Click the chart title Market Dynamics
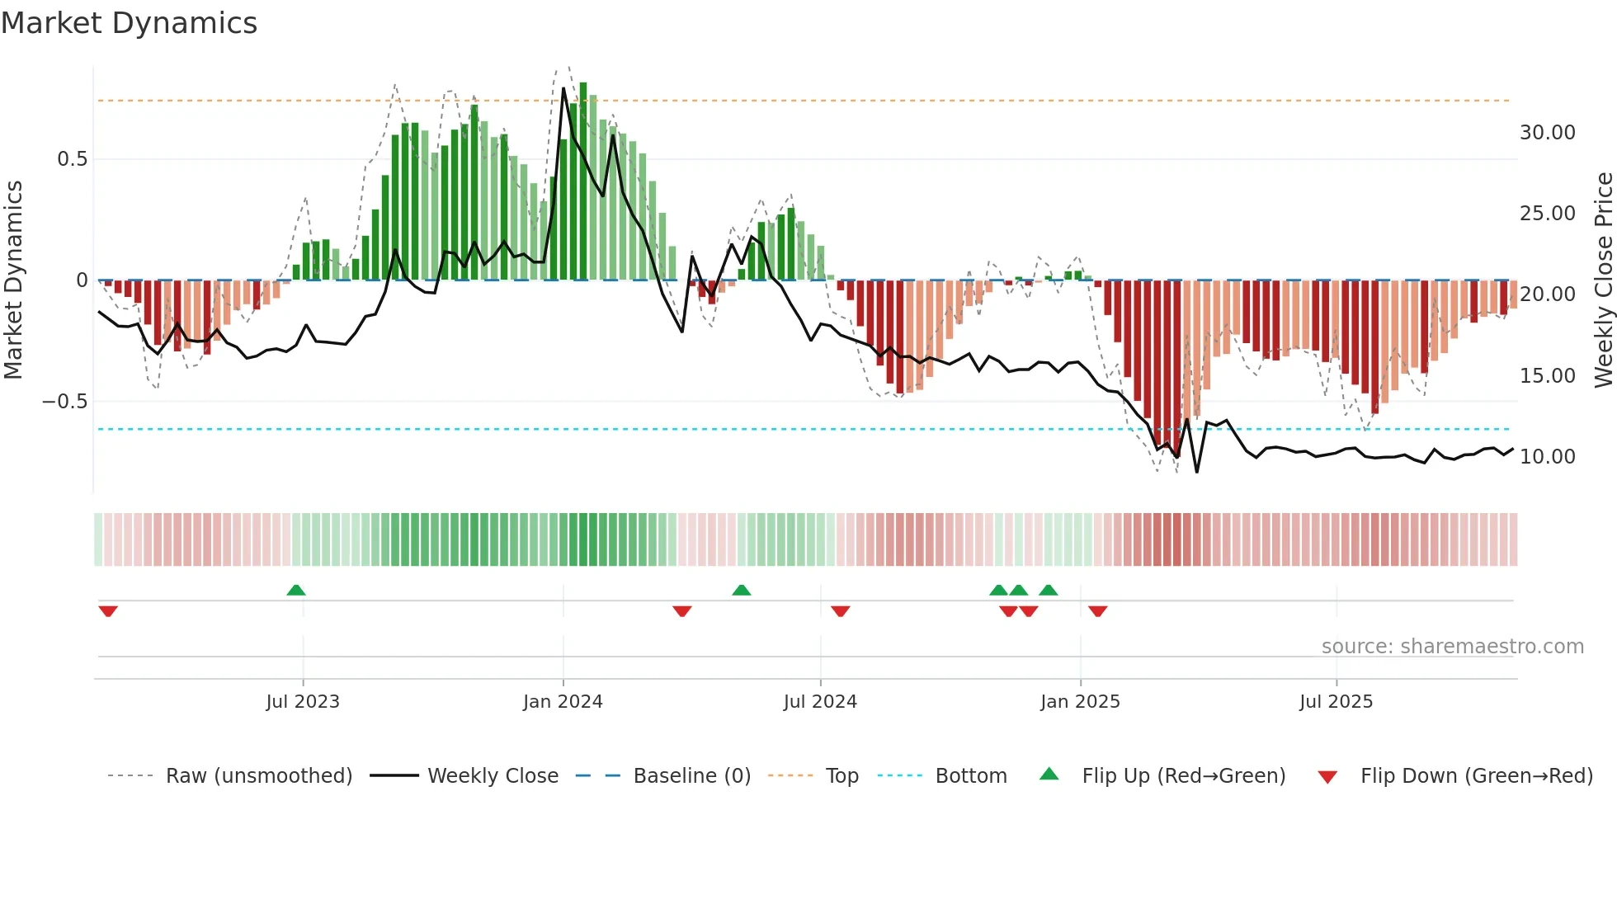coord(129,23)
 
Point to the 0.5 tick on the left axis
coord(72,159)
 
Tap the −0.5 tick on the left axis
coord(64,402)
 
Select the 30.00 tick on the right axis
coord(1547,133)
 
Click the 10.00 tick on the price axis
coord(1547,457)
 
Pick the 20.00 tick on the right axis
coord(1547,294)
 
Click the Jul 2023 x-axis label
coord(303,702)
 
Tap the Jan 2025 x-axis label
coord(1080,702)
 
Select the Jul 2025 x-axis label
coord(1336,702)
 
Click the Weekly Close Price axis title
coord(1603,280)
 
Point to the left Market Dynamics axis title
coord(13,280)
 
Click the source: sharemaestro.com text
coord(1452,647)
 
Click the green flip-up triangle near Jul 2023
coord(296,590)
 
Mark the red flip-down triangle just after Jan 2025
coord(1097,611)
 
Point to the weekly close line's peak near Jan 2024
coord(563,88)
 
